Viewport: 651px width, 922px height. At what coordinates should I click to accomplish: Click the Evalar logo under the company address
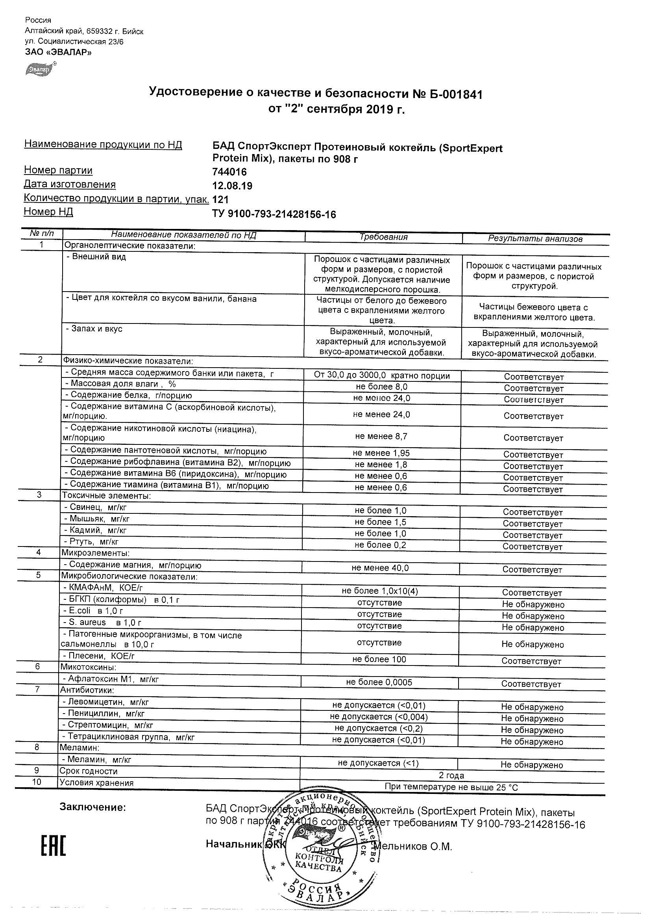pyautogui.click(x=41, y=69)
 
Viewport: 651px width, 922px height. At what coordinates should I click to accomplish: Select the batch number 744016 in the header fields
pyautogui.click(x=229, y=172)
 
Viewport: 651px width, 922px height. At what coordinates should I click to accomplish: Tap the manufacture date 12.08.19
pyautogui.click(x=232, y=186)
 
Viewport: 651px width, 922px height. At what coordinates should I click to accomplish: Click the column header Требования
pyautogui.click(x=383, y=237)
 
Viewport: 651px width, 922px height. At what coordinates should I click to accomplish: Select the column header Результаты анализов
pyautogui.click(x=535, y=239)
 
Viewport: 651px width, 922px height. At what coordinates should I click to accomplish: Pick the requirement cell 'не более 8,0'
pyautogui.click(x=381, y=387)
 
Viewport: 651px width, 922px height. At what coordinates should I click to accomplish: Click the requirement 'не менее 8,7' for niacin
pyautogui.click(x=381, y=436)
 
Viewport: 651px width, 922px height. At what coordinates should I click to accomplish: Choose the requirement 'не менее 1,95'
pyautogui.click(x=381, y=453)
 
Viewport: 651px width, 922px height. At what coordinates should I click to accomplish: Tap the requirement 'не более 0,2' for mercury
pyautogui.click(x=380, y=545)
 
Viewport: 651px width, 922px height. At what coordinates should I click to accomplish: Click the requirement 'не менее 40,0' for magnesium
pyautogui.click(x=380, y=568)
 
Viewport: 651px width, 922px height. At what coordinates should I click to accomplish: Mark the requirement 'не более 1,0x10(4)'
pyautogui.click(x=380, y=591)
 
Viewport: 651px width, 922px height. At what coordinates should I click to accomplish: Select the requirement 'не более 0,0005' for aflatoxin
pyautogui.click(x=379, y=682)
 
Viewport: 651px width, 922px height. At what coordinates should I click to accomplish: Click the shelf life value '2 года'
pyautogui.click(x=452, y=775)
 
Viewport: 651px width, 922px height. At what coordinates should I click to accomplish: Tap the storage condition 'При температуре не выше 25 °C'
pyautogui.click(x=451, y=788)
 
